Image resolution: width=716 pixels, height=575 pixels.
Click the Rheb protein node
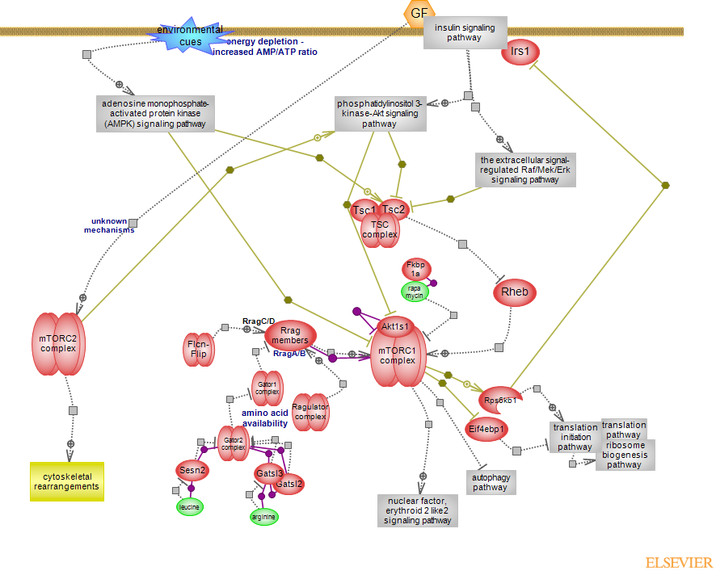click(515, 292)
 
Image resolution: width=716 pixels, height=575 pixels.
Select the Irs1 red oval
click(520, 52)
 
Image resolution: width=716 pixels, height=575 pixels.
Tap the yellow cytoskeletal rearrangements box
click(67, 481)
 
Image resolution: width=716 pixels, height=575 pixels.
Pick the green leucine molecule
click(190, 506)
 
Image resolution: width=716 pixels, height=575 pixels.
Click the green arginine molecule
click(264, 516)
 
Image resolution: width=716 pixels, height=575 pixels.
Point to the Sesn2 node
click(192, 470)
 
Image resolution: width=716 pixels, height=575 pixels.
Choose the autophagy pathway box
click(490, 482)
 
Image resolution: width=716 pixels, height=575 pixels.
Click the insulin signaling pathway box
click(465, 32)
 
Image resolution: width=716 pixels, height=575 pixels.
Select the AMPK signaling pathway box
click(155, 114)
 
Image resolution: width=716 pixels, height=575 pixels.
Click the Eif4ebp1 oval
click(487, 428)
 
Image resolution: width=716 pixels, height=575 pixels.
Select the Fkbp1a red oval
click(415, 270)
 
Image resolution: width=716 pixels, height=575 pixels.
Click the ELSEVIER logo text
click(679, 563)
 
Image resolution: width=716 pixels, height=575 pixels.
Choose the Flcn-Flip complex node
click(198, 350)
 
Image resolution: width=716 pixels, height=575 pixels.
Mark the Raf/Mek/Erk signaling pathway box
click(525, 170)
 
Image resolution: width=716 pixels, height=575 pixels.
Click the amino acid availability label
click(264, 418)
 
